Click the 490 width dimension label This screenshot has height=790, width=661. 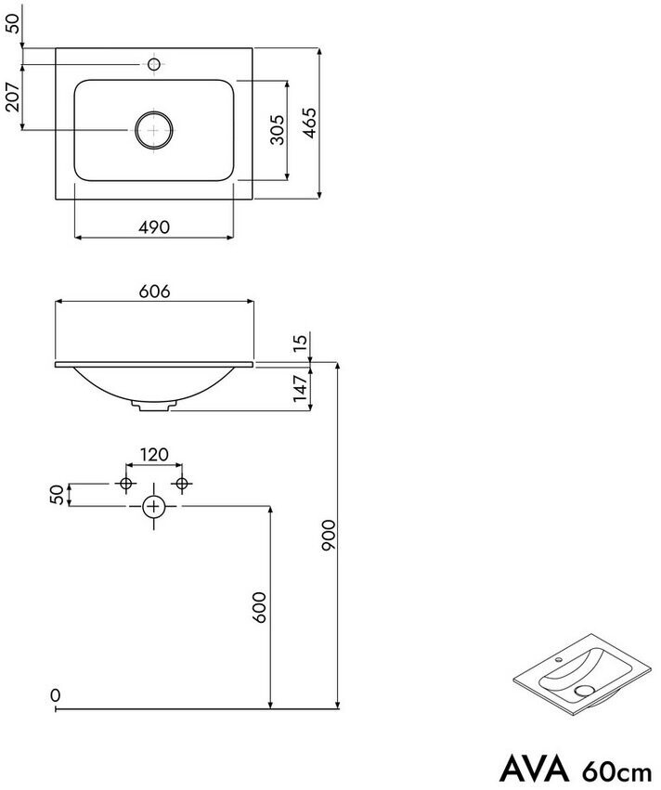coord(154,227)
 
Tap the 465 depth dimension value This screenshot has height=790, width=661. coord(309,123)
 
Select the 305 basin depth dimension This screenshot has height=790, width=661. coord(277,130)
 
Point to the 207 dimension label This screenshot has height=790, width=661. coord(12,97)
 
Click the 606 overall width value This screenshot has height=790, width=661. coord(155,291)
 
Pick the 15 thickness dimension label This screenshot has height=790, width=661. coord(300,341)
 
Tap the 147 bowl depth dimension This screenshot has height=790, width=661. coord(300,387)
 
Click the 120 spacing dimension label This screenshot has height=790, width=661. coord(154,455)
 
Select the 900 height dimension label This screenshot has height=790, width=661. coord(328,535)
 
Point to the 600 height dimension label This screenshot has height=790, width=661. coord(259,608)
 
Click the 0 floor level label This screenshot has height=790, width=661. coord(56,695)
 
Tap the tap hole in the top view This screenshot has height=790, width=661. coord(154,64)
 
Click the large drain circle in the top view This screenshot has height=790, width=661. coord(154,130)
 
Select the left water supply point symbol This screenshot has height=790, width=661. coord(126,484)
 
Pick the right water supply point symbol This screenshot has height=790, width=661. coord(182,484)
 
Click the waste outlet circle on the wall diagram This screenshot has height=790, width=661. coord(154,506)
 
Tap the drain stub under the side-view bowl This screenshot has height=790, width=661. coord(154,406)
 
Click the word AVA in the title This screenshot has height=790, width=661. coord(534,769)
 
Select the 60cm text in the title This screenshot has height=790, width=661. coord(617,771)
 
